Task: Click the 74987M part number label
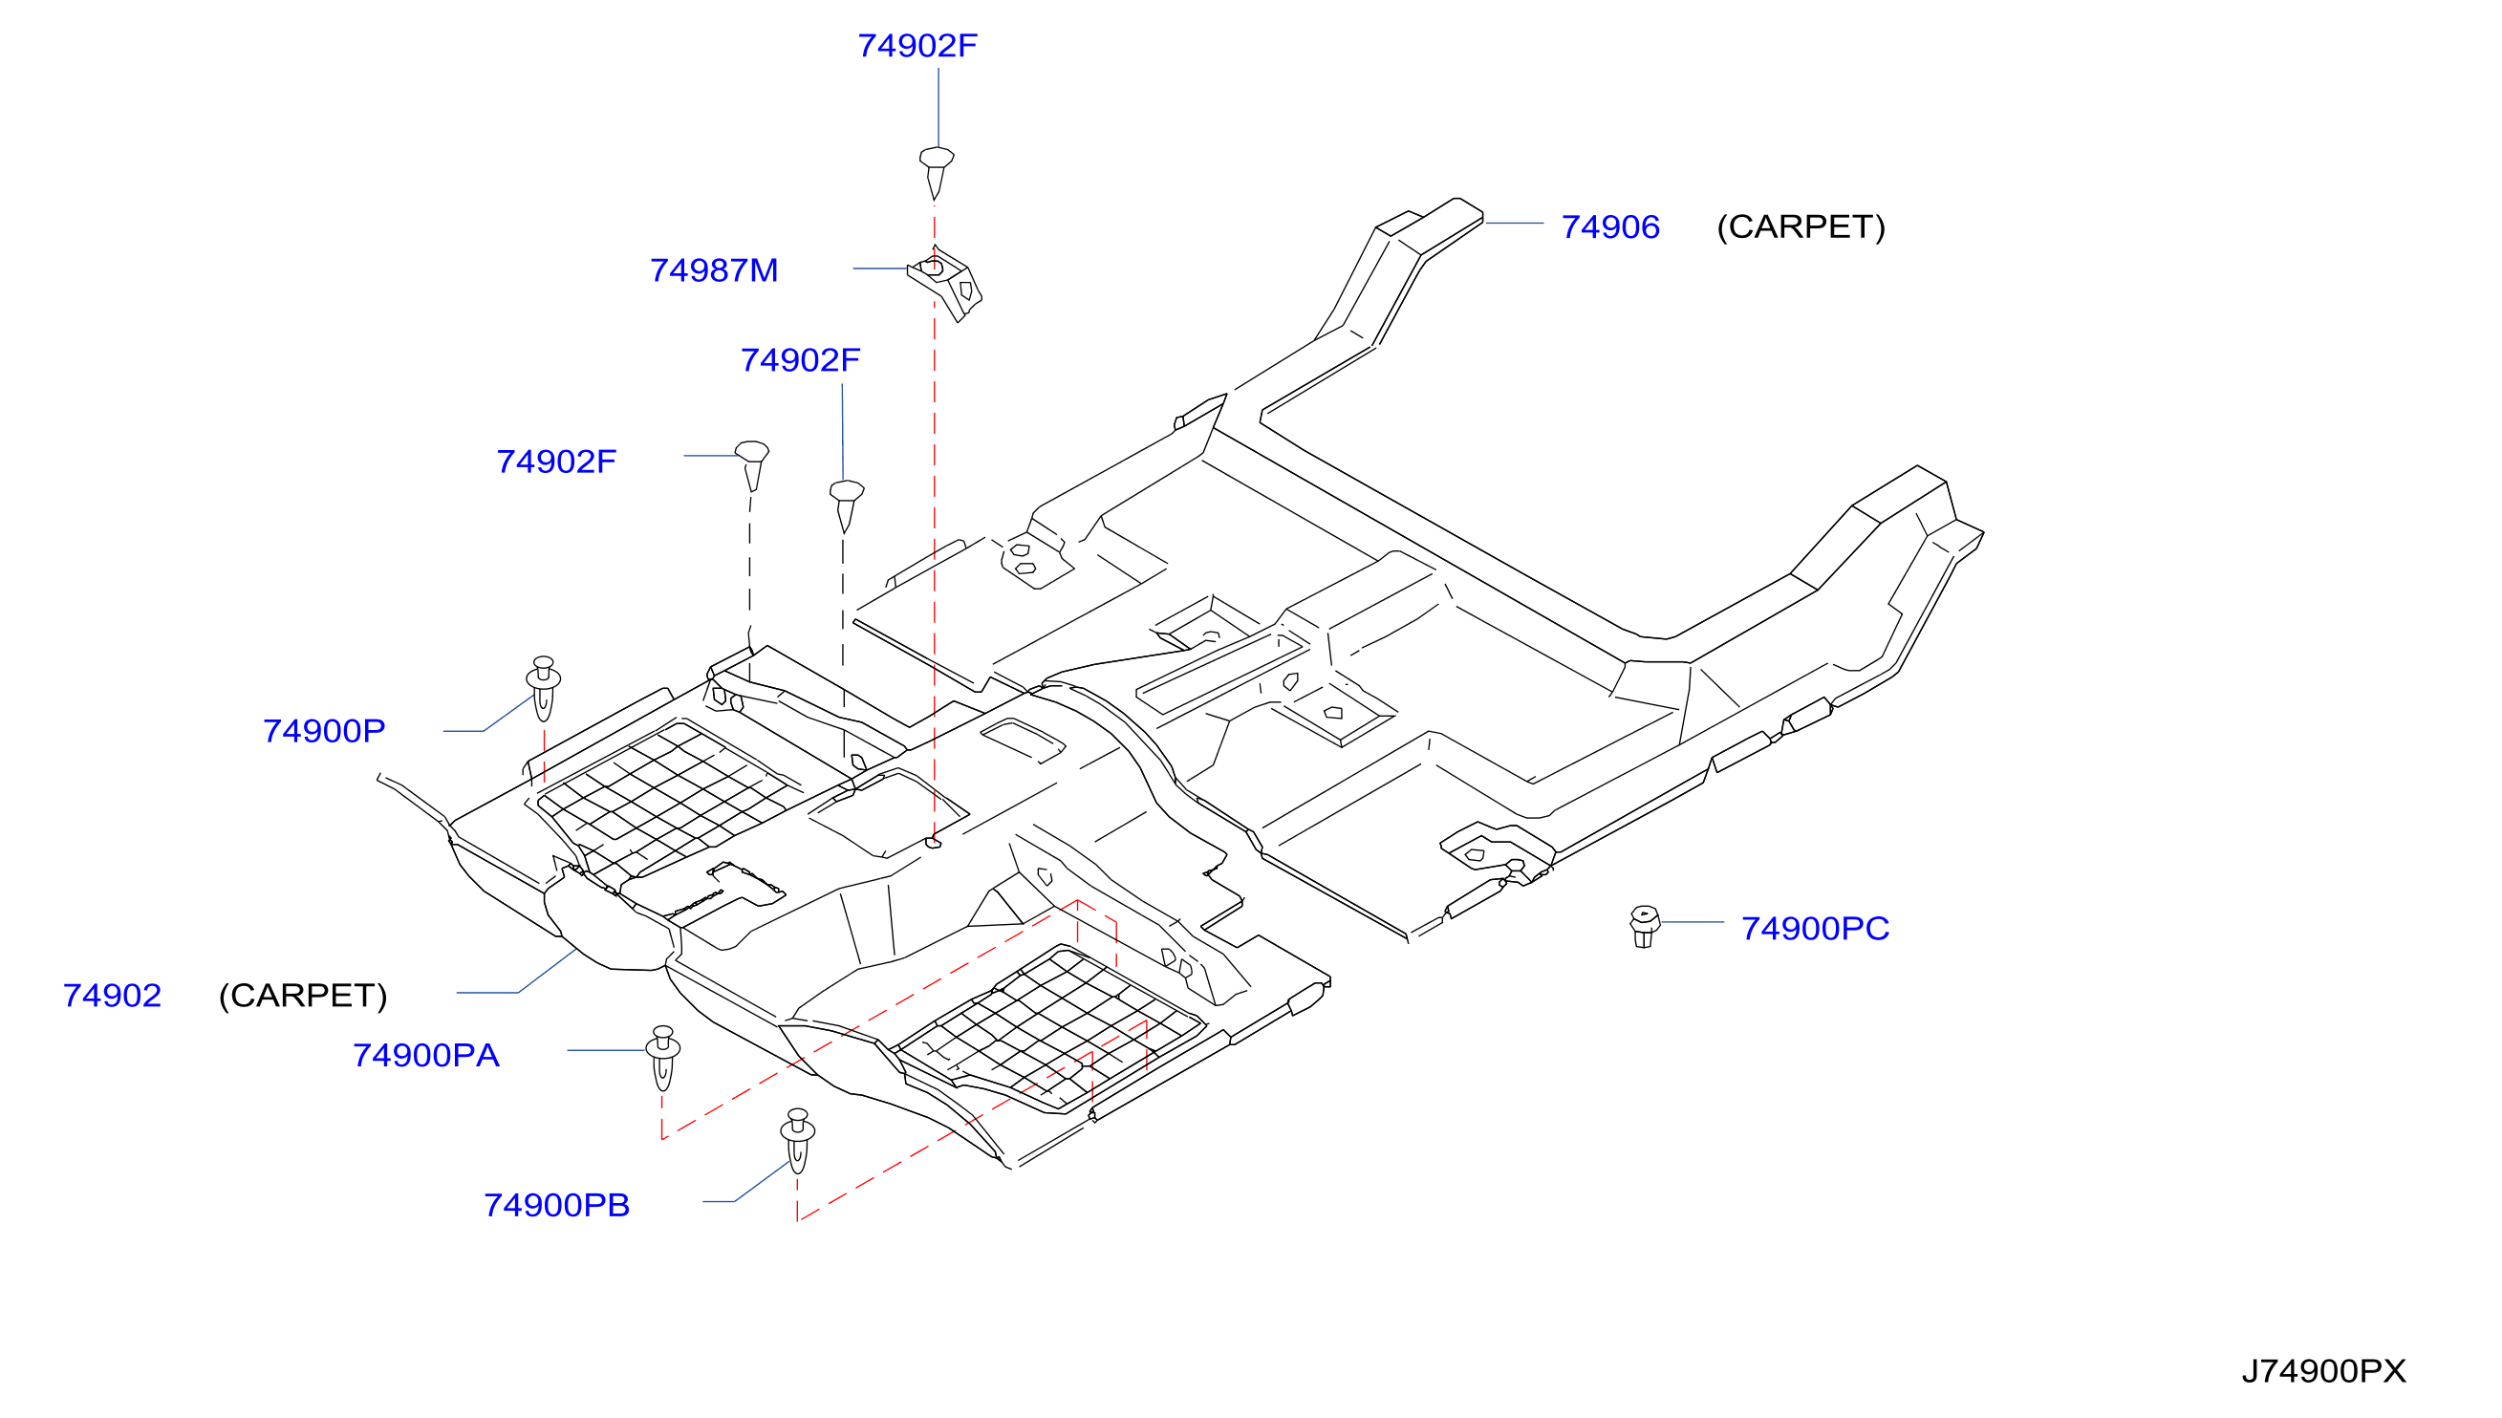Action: click(714, 269)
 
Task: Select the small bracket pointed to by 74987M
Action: click(945, 284)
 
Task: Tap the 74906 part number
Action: click(1610, 226)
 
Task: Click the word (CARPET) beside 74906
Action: click(1801, 226)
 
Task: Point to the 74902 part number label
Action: click(112, 996)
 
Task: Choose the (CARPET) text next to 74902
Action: click(303, 996)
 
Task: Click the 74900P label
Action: click(324, 730)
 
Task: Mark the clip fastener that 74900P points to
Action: click(544, 689)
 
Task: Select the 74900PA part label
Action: click(425, 1055)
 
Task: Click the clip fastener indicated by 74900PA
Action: click(663, 1058)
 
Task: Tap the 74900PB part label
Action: click(557, 1205)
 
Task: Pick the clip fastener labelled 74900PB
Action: click(798, 1141)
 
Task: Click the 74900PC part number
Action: click(1816, 928)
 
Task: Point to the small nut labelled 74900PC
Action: click(1644, 926)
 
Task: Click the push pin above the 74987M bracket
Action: click(936, 173)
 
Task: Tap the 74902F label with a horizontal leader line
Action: click(556, 461)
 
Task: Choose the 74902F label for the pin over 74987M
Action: click(917, 45)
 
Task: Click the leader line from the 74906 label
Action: click(1514, 223)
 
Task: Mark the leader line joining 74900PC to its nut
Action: click(1693, 921)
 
